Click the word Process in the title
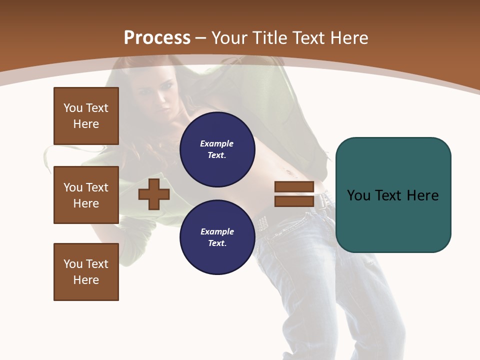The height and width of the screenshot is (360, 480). pyautogui.click(x=157, y=38)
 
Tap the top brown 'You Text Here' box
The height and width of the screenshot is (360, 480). pyautogui.click(x=86, y=116)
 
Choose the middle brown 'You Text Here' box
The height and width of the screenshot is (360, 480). pyautogui.click(x=86, y=195)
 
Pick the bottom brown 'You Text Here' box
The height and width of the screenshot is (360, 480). pyautogui.click(x=86, y=272)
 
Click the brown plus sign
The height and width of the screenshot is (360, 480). pyautogui.click(x=154, y=194)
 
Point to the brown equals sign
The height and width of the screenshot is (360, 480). pyautogui.click(x=294, y=194)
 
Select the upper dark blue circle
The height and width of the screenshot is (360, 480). pyautogui.click(x=217, y=149)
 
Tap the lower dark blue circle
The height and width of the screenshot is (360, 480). pyautogui.click(x=217, y=237)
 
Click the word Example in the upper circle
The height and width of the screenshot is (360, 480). pyautogui.click(x=217, y=143)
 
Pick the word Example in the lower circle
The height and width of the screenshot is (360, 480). pyautogui.click(x=217, y=231)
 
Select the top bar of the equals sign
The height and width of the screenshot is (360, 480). pyautogui.click(x=294, y=187)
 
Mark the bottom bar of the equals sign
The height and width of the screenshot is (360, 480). pyautogui.click(x=294, y=201)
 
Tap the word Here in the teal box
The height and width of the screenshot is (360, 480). pyautogui.click(x=423, y=195)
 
